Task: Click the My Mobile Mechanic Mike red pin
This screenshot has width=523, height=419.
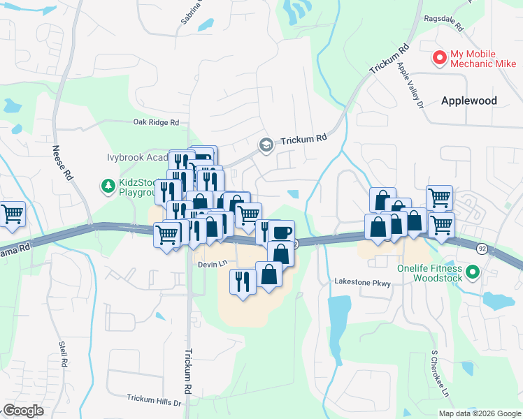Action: tap(440, 58)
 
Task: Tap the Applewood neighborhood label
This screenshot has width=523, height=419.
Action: tap(469, 101)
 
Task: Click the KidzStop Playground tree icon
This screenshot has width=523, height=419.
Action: tap(108, 186)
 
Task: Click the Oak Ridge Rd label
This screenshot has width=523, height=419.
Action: tap(157, 122)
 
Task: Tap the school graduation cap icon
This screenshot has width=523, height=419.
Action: tap(266, 145)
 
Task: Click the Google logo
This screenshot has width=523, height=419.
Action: tap(23, 411)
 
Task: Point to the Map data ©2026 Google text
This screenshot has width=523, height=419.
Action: tap(479, 413)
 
